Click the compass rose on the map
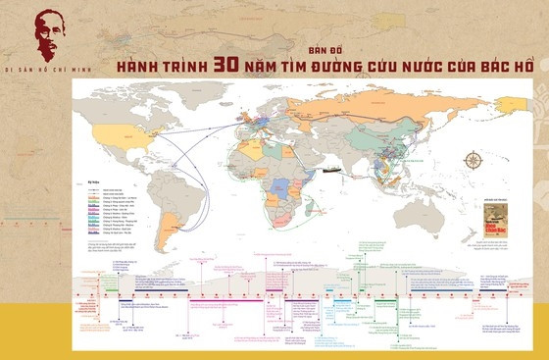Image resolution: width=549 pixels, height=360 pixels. click(x=473, y=160)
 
